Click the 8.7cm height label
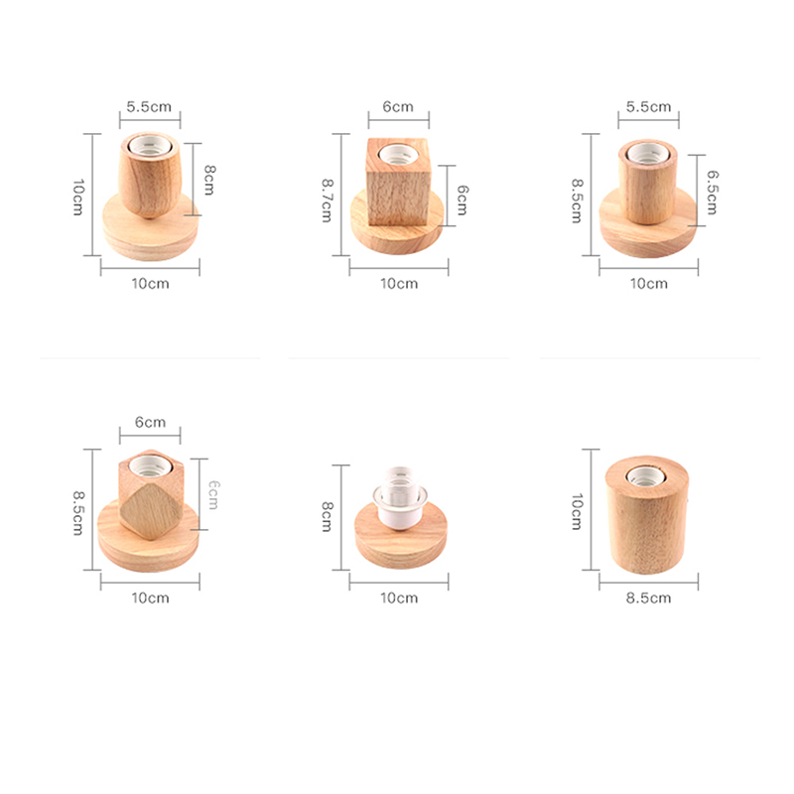(328, 200)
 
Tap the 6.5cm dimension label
(712, 193)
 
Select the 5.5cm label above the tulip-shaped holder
(149, 107)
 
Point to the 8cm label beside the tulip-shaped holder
(209, 180)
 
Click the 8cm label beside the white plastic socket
(328, 516)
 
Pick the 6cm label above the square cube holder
(398, 107)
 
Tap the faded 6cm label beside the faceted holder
(214, 494)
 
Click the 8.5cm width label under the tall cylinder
(649, 598)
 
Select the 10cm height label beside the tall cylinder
(577, 512)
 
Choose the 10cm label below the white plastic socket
(399, 598)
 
